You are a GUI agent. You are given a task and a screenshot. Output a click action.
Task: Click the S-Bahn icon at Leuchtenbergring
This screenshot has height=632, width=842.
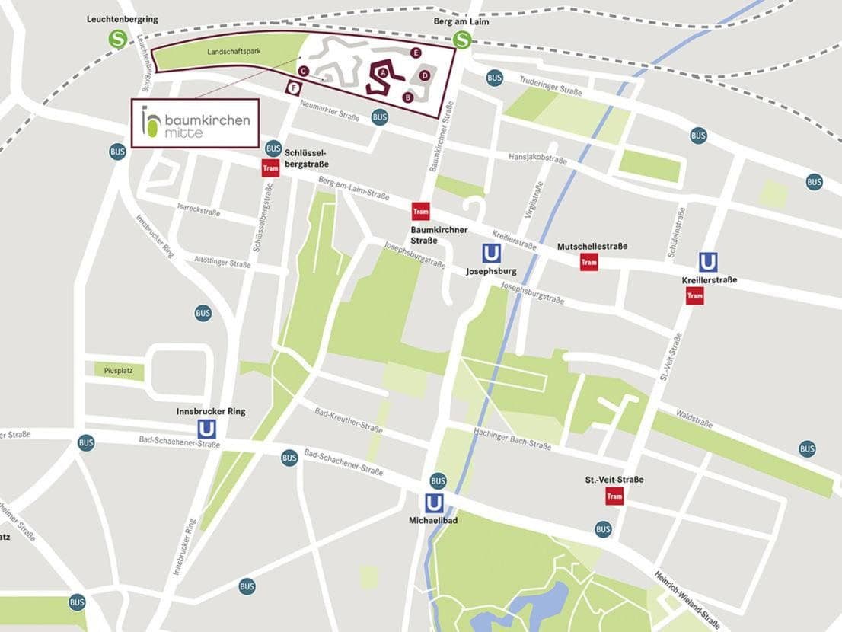[x=117, y=39]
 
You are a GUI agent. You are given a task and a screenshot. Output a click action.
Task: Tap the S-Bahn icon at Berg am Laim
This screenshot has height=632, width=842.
[x=462, y=40]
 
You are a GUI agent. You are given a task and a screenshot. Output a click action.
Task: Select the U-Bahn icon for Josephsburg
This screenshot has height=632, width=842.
[x=492, y=254]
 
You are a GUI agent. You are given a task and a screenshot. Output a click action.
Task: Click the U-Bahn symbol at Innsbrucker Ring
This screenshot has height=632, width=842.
[x=206, y=429]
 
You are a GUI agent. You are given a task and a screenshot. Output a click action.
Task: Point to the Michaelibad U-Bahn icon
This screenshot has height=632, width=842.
[x=434, y=503]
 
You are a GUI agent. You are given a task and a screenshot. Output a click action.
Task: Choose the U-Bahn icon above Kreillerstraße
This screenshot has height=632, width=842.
[x=708, y=262]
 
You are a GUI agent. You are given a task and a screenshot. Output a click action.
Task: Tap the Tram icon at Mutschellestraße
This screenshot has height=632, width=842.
[x=588, y=262]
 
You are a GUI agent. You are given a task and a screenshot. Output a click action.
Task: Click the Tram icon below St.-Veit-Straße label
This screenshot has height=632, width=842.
[x=614, y=496]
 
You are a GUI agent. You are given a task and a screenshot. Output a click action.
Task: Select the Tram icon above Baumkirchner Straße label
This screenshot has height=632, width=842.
[x=420, y=212]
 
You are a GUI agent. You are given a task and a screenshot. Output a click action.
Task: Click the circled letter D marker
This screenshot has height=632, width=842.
[x=425, y=75]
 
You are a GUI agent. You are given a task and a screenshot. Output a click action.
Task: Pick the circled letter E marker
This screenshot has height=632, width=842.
[x=416, y=53]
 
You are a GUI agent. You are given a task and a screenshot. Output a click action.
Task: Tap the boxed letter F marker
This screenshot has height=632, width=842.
[x=292, y=88]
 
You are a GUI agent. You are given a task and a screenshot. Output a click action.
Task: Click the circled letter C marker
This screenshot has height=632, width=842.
[x=303, y=71]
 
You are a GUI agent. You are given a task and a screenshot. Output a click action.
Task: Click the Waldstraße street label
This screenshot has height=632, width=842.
[x=694, y=418]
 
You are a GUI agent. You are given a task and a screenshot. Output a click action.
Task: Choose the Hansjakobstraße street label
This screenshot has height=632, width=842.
[x=537, y=159]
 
